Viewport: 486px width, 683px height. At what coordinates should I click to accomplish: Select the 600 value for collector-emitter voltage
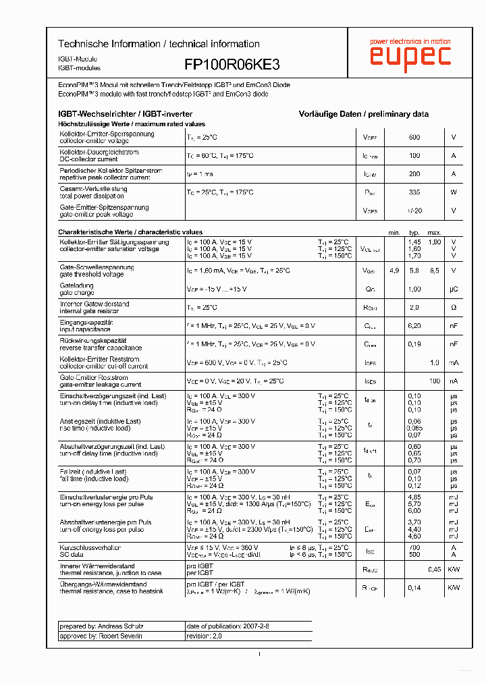click(x=414, y=137)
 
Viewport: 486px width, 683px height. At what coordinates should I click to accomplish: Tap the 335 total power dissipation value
click(x=414, y=192)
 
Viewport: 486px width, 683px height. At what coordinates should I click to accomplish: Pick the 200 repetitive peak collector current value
click(x=414, y=174)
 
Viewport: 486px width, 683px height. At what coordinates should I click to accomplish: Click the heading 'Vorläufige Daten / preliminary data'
click(x=363, y=114)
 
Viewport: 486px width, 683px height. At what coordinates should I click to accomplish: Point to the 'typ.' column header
click(x=414, y=233)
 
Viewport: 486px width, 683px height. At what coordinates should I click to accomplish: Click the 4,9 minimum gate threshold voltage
click(x=394, y=271)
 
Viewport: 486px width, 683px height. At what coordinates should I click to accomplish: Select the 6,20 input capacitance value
click(x=414, y=325)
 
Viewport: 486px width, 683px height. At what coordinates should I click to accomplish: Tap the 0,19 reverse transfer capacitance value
click(x=414, y=344)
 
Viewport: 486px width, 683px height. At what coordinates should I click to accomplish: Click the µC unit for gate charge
click(x=454, y=289)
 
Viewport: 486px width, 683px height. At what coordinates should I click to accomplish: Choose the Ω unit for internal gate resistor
click(x=454, y=307)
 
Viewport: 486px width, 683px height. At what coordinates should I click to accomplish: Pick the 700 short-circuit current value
click(x=414, y=547)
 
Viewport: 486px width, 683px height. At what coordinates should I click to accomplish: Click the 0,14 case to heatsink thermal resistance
click(x=414, y=588)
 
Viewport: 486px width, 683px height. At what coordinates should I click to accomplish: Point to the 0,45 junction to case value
click(x=434, y=570)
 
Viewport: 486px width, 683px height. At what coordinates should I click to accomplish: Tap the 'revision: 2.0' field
click(x=204, y=636)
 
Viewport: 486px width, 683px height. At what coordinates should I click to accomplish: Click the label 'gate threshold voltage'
click(x=92, y=275)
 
